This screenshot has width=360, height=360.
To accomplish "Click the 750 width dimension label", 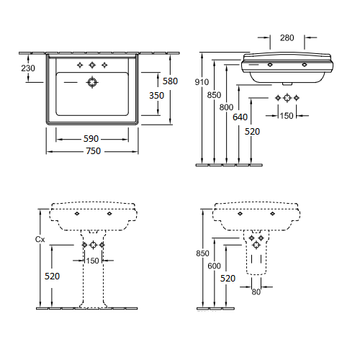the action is point(94,151).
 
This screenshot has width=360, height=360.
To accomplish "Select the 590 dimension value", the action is point(91,138).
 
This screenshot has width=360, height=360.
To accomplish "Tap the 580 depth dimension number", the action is point(170,81).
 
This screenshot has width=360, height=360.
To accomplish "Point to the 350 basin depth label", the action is point(156,96).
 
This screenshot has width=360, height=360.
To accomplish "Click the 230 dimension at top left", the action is point(28,68).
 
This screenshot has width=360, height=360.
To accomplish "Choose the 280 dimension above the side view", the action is point(287,37).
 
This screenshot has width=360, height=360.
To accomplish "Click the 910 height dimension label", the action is point(202,82).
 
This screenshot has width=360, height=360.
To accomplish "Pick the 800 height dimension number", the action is point(226,107).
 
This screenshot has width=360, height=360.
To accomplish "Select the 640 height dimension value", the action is point(240,117).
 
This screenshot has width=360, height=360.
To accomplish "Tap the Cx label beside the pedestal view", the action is point(40,239).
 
